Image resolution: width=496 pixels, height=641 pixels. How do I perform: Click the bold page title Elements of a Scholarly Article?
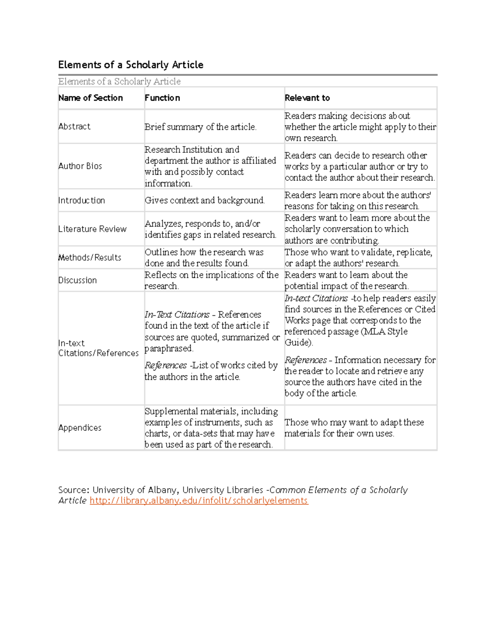(131, 65)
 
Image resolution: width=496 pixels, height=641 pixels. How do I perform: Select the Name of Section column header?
(91, 98)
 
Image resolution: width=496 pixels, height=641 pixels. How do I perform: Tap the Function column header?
(162, 98)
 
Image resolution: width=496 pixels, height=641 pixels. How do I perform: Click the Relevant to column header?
(307, 98)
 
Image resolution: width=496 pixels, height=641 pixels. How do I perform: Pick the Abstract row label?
(74, 126)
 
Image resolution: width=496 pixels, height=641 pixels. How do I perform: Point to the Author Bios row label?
(80, 166)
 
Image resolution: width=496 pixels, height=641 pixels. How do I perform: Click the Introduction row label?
(81, 200)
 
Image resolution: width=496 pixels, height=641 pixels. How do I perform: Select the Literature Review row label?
(92, 229)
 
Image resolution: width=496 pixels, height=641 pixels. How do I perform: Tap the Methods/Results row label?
(90, 257)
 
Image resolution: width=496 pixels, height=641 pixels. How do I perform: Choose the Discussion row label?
(77, 280)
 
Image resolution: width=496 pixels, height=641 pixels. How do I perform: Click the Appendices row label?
(80, 428)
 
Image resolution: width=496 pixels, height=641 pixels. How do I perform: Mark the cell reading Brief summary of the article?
(200, 127)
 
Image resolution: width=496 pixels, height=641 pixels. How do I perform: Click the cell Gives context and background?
(205, 200)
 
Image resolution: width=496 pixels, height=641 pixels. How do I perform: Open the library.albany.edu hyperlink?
(199, 501)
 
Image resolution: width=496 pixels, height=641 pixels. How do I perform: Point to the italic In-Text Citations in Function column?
(177, 315)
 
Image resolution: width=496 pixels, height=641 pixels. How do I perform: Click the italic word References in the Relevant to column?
(305, 360)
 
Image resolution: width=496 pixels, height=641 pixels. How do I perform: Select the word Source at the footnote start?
(73, 490)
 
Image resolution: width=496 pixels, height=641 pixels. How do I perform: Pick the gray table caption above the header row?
(119, 81)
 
